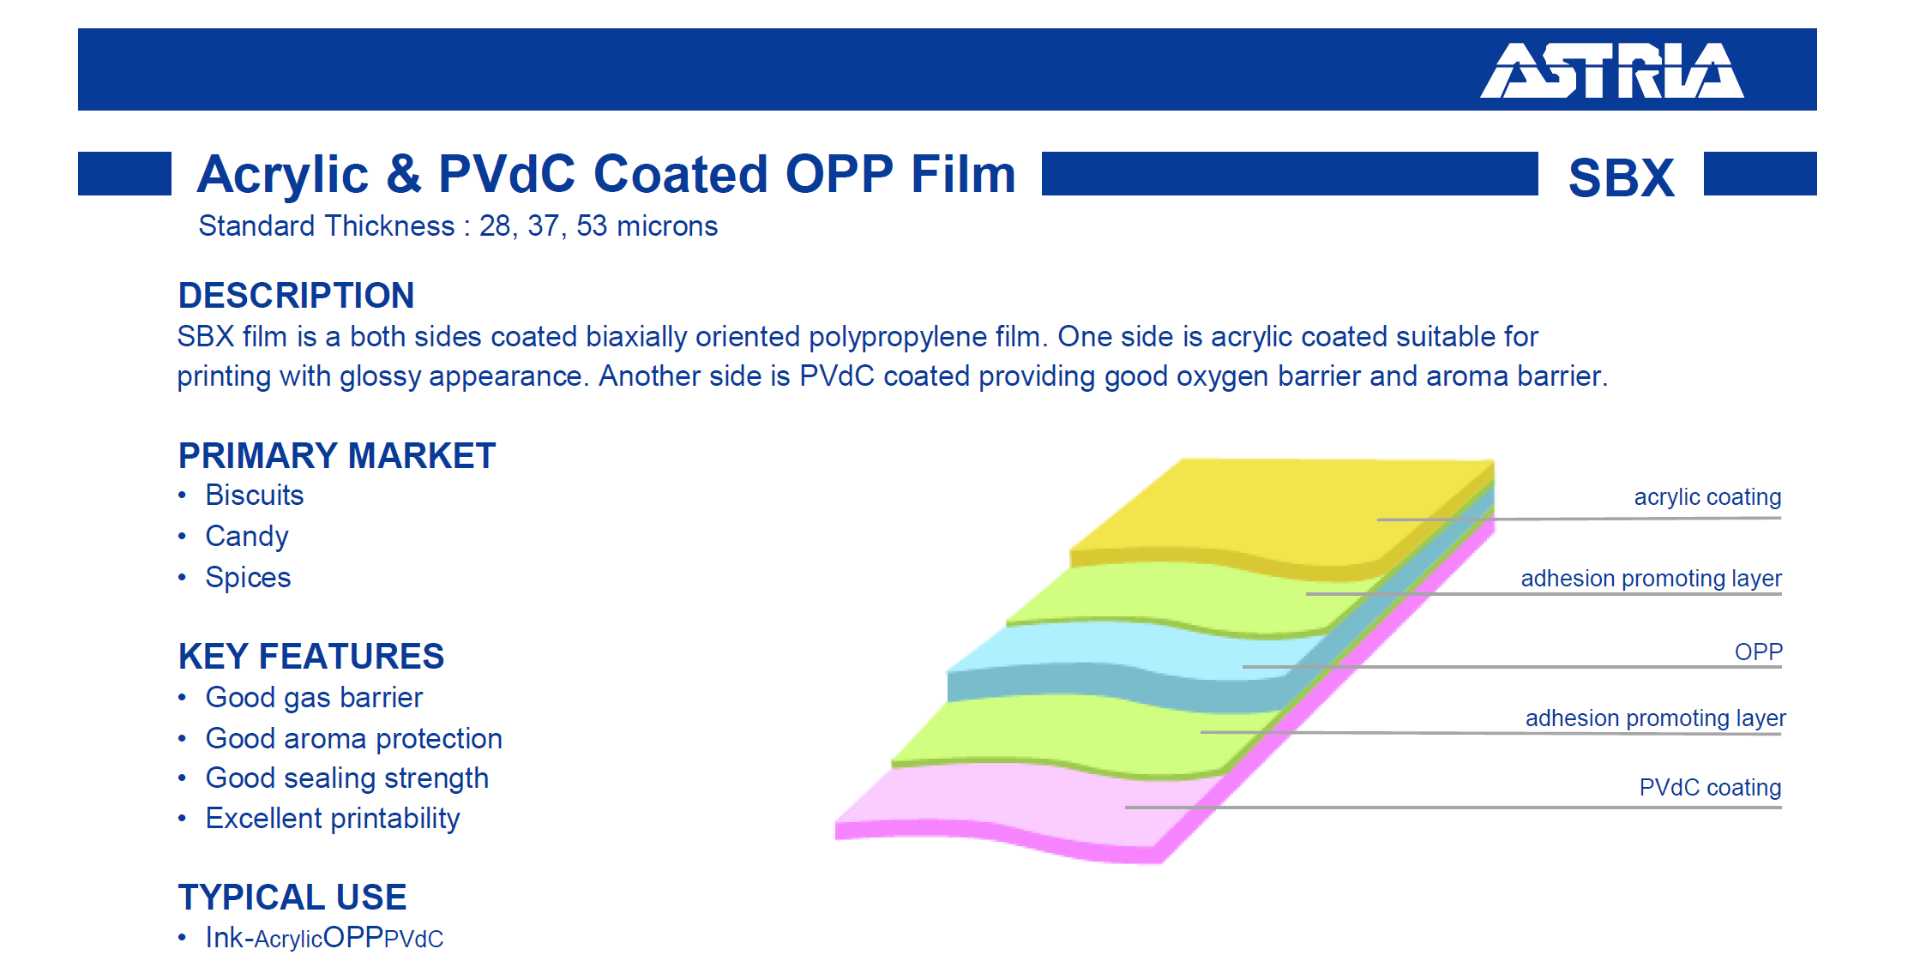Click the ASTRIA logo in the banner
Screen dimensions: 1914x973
point(1611,70)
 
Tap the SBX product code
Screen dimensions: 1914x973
point(1621,177)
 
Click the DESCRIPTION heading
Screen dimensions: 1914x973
point(296,295)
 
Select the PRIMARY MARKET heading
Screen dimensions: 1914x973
point(337,455)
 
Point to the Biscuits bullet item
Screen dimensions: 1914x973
point(255,495)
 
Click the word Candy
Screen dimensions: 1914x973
point(247,536)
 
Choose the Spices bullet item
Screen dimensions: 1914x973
point(248,577)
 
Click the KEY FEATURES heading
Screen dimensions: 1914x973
point(311,656)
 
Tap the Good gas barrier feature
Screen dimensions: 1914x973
point(314,697)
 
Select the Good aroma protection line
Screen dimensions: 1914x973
point(354,738)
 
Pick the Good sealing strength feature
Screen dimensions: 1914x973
point(347,778)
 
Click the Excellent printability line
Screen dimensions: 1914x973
point(333,818)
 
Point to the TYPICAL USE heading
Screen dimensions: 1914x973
point(292,897)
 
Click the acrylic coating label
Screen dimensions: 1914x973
point(1707,497)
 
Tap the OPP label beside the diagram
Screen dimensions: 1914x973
point(1759,652)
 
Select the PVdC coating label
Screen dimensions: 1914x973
point(1710,787)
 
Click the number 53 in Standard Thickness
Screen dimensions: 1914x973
point(592,225)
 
